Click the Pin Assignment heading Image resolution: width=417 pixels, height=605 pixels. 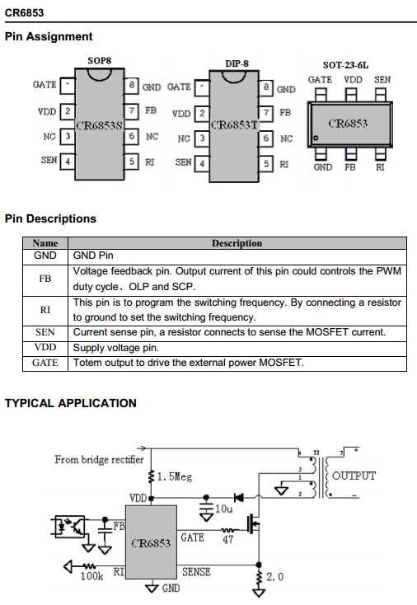click(49, 36)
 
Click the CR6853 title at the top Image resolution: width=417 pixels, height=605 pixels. click(25, 12)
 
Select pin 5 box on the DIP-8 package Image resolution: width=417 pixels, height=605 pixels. click(265, 163)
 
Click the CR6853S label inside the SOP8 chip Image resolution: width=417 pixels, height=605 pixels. click(99, 126)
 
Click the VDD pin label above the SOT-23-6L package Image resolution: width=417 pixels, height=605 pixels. click(353, 80)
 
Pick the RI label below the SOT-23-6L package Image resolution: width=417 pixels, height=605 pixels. click(380, 166)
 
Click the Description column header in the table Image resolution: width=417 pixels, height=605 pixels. click(237, 243)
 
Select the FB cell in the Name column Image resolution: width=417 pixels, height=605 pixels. click(45, 279)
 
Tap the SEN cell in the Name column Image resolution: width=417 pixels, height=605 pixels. click(45, 332)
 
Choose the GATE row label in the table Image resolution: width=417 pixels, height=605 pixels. click(45, 363)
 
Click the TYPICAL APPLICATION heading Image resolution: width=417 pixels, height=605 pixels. click(71, 403)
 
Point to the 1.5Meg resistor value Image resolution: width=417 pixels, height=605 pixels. click(174, 476)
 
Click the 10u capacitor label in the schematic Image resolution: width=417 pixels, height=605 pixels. click(223, 509)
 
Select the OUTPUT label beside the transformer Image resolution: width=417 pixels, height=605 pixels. click(354, 476)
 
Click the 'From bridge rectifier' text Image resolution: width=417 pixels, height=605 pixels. click(100, 459)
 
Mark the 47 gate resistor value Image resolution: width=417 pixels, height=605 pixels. click(228, 540)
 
